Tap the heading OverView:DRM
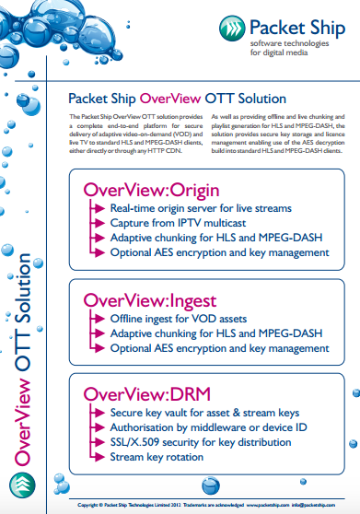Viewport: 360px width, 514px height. click(x=133, y=395)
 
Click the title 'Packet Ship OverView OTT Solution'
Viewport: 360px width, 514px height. click(x=178, y=98)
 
